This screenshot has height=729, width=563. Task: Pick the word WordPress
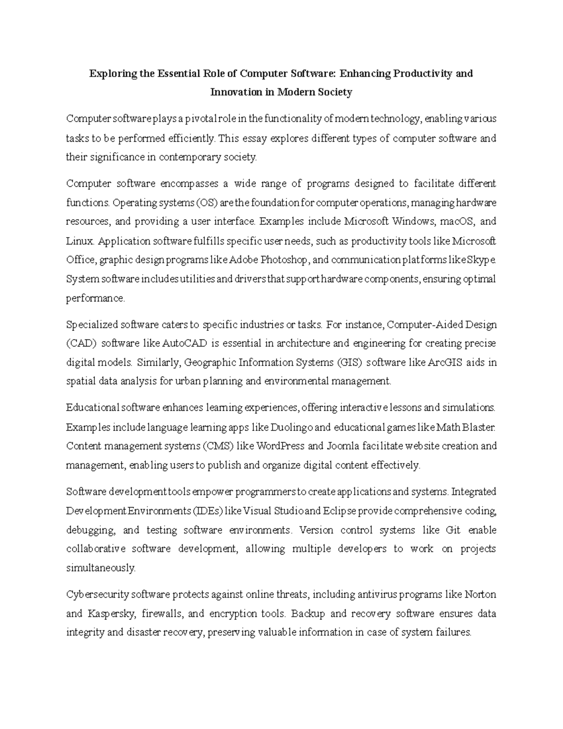point(281,446)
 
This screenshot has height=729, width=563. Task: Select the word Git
point(447,530)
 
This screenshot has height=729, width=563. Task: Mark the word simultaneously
point(100,568)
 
